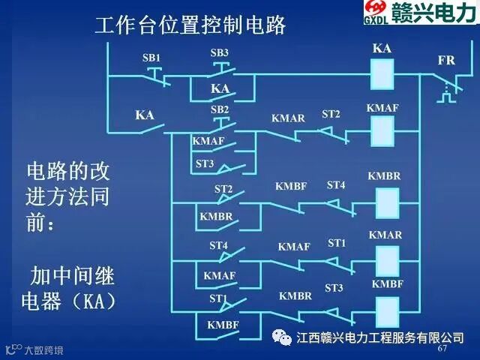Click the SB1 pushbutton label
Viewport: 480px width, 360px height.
coord(151,58)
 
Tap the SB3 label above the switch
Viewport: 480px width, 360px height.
coord(219,52)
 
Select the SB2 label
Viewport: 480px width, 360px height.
coord(219,109)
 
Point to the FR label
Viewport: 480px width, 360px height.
coord(446,60)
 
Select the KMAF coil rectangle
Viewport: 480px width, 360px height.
coord(383,131)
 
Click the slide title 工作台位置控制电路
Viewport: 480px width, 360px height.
coord(191,25)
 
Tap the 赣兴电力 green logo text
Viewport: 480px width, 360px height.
coord(437,14)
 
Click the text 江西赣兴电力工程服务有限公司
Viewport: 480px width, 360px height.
coord(380,337)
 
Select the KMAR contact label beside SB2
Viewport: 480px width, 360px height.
coord(288,118)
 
